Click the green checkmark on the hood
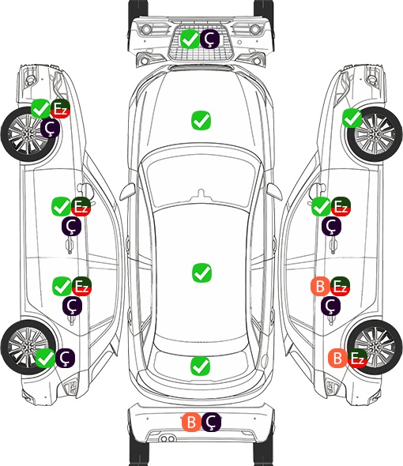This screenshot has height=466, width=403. tap(201, 120)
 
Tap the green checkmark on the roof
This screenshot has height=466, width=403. tap(201, 272)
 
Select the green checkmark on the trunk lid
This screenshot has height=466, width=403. tap(201, 366)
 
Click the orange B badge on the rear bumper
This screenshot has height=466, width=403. tap(191, 422)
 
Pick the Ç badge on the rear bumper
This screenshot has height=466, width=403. tap(211, 422)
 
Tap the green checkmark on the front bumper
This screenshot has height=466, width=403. tap(190, 39)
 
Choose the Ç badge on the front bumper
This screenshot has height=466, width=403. tap(209, 39)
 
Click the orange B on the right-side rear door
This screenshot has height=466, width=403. tap(320, 286)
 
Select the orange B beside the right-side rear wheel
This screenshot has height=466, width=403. tap(337, 358)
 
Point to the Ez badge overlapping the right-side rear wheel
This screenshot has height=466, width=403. tap(357, 358)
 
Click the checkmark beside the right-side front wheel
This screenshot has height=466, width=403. tap(352, 118)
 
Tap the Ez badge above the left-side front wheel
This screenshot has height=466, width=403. tap(60, 109)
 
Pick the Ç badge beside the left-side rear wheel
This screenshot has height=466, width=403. tap(65, 358)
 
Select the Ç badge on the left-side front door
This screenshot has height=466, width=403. tap(71, 227)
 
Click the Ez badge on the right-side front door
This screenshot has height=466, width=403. tap(341, 206)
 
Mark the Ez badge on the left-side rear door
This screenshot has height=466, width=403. tap(81, 286)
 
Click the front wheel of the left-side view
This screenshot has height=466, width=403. tap(29, 135)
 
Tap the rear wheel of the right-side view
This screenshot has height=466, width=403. tap(375, 347)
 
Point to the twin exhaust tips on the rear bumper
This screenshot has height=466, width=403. tap(168, 439)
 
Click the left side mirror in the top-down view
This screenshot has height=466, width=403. tap(127, 191)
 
